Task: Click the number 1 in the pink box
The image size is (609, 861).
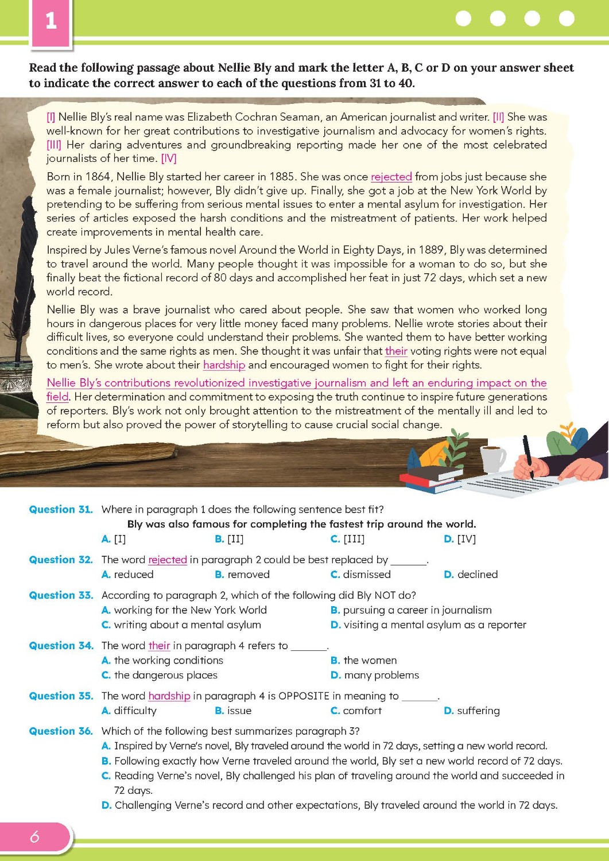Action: [x=51, y=21]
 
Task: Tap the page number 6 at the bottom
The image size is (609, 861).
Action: [x=34, y=836]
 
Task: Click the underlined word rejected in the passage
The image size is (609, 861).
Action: [x=391, y=177]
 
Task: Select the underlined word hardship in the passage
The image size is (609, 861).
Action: [x=224, y=365]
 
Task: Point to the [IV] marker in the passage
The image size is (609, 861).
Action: [x=169, y=158]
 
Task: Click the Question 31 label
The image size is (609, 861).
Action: [x=61, y=509]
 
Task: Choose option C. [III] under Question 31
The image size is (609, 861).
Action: [x=347, y=538]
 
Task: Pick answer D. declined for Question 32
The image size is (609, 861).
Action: [x=471, y=574]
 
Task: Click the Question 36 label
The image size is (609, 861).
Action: [x=61, y=731]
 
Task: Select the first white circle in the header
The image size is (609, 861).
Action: [x=463, y=18]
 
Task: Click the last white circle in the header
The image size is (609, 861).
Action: [x=567, y=18]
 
